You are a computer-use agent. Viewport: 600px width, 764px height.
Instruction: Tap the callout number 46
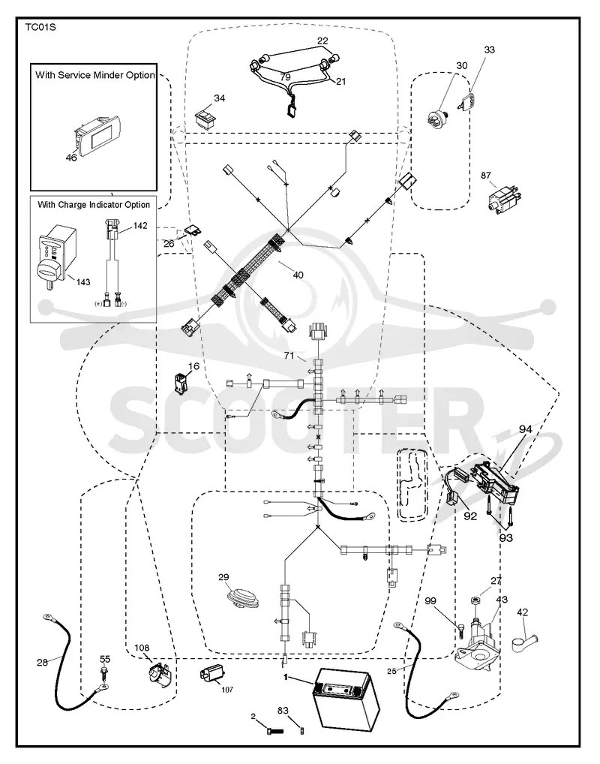coord(71,158)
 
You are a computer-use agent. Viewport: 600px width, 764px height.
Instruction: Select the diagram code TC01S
coord(40,27)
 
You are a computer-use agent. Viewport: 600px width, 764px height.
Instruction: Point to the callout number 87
coord(486,176)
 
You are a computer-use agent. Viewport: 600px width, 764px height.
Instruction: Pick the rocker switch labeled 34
coord(205,119)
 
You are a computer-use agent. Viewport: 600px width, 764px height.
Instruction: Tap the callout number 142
coord(140,226)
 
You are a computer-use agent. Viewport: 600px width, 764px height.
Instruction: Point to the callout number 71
coord(289,356)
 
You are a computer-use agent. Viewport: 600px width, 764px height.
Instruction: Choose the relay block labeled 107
coord(211,676)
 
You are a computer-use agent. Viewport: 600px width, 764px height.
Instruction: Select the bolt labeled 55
coord(103,674)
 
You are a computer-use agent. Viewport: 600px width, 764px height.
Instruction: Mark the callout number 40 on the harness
coord(298,275)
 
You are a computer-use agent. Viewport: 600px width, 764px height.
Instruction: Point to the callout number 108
coord(142,648)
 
